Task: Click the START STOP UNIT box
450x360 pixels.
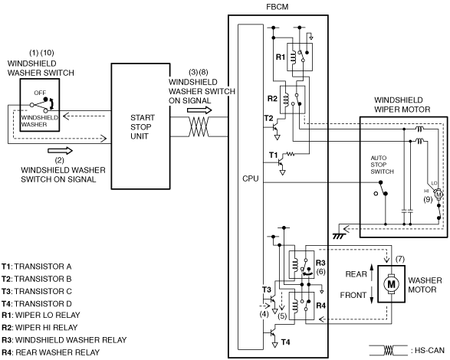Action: point(140,126)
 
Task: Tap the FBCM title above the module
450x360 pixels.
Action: point(278,7)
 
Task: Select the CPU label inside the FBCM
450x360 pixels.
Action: point(250,178)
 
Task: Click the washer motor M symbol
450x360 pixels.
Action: point(391,284)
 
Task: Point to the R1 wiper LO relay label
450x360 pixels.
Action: point(281,57)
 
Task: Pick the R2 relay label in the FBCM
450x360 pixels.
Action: point(272,99)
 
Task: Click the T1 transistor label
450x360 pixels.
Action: point(273,155)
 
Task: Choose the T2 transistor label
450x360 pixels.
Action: point(268,118)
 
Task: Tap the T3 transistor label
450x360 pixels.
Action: point(266,290)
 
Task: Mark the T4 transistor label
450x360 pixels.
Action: point(285,342)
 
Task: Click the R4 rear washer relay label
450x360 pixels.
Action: point(320,306)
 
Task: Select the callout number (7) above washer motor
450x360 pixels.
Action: point(399,260)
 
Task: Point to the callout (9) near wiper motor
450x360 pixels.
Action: point(428,199)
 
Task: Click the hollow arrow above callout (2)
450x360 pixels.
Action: point(61,151)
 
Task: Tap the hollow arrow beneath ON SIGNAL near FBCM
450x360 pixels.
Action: point(199,110)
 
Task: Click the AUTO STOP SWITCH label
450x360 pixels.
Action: point(382,165)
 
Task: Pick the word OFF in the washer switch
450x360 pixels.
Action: point(40,93)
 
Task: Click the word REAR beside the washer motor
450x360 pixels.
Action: point(356,274)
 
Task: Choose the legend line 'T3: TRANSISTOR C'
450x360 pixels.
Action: point(37,291)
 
